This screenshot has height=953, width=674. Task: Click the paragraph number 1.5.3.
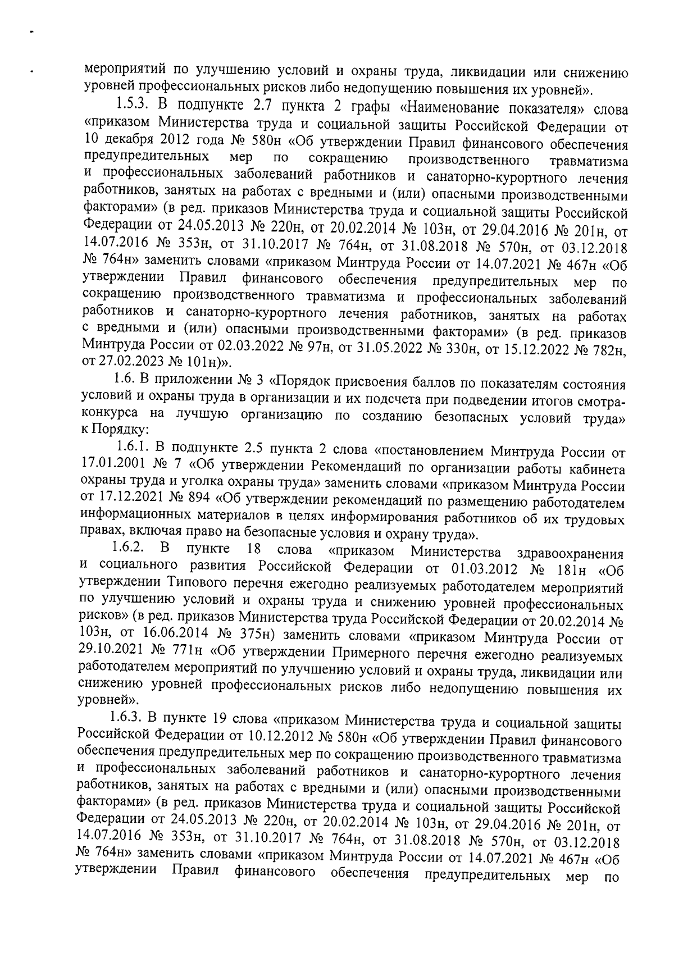(x=133, y=104)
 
